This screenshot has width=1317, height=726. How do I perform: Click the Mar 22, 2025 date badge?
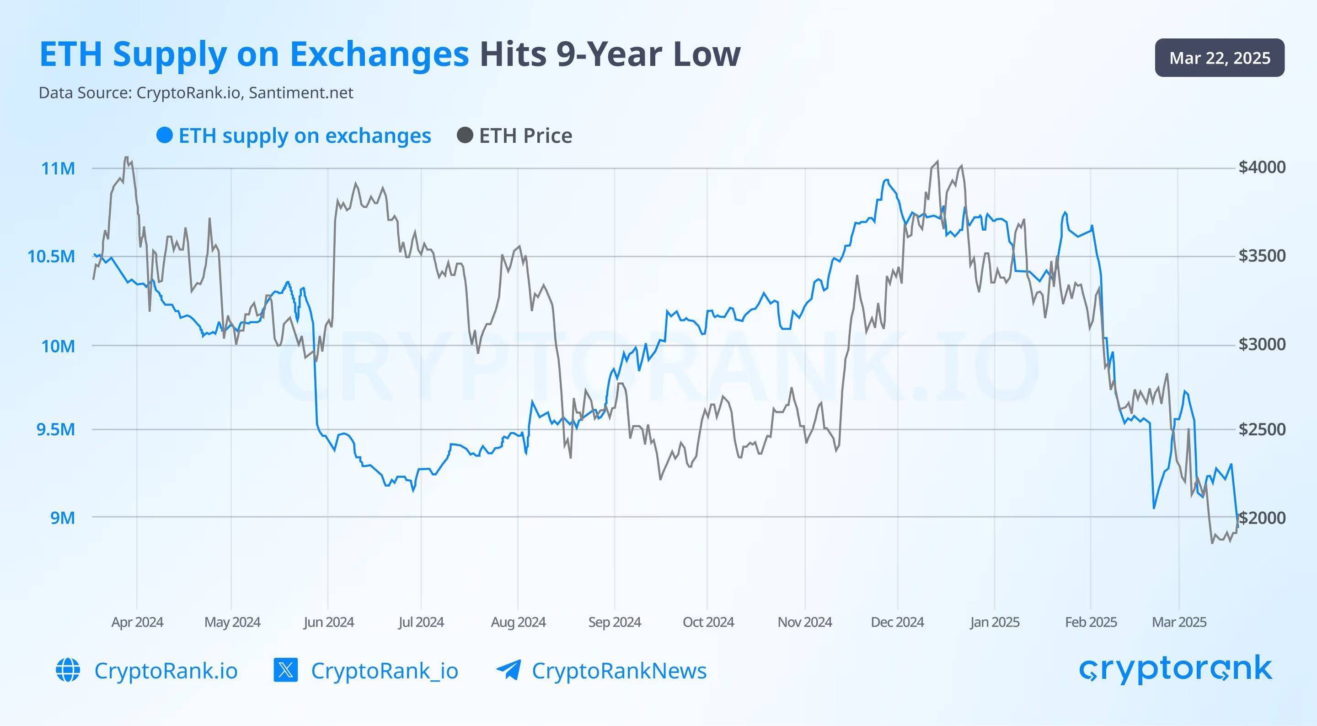[1219, 58]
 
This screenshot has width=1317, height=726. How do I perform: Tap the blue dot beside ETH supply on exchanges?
[165, 135]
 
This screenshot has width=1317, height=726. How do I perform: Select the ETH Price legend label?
[525, 136]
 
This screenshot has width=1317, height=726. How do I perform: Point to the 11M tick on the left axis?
[58, 168]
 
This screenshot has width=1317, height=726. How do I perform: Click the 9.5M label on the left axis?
[56, 429]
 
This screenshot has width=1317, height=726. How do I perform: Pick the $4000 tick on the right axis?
[1262, 167]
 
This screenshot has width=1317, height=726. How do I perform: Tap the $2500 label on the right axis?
[1262, 429]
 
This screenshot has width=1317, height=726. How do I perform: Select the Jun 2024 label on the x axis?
[328, 622]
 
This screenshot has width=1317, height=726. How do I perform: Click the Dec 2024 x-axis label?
[897, 622]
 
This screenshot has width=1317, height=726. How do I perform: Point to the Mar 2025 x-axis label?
[1179, 622]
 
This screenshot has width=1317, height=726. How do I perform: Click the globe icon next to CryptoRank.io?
[68, 670]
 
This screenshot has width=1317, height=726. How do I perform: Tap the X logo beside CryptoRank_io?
[286, 670]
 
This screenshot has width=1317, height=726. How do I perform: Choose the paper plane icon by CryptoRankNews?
[509, 670]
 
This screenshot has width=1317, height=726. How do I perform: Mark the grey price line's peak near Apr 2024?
[126, 157]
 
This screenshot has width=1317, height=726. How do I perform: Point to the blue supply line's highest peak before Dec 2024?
[886, 180]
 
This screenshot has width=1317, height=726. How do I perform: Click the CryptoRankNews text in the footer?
[619, 671]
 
